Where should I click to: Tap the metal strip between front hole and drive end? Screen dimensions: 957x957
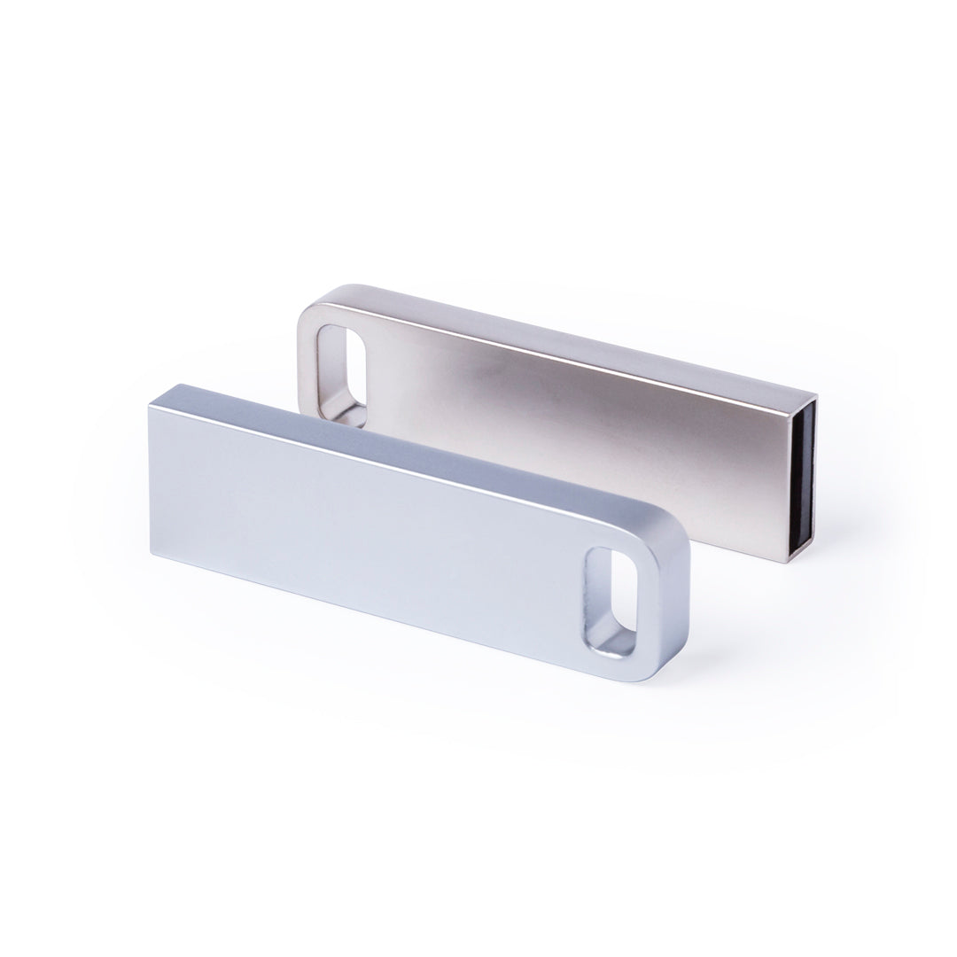pyautogui.click(x=652, y=603)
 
